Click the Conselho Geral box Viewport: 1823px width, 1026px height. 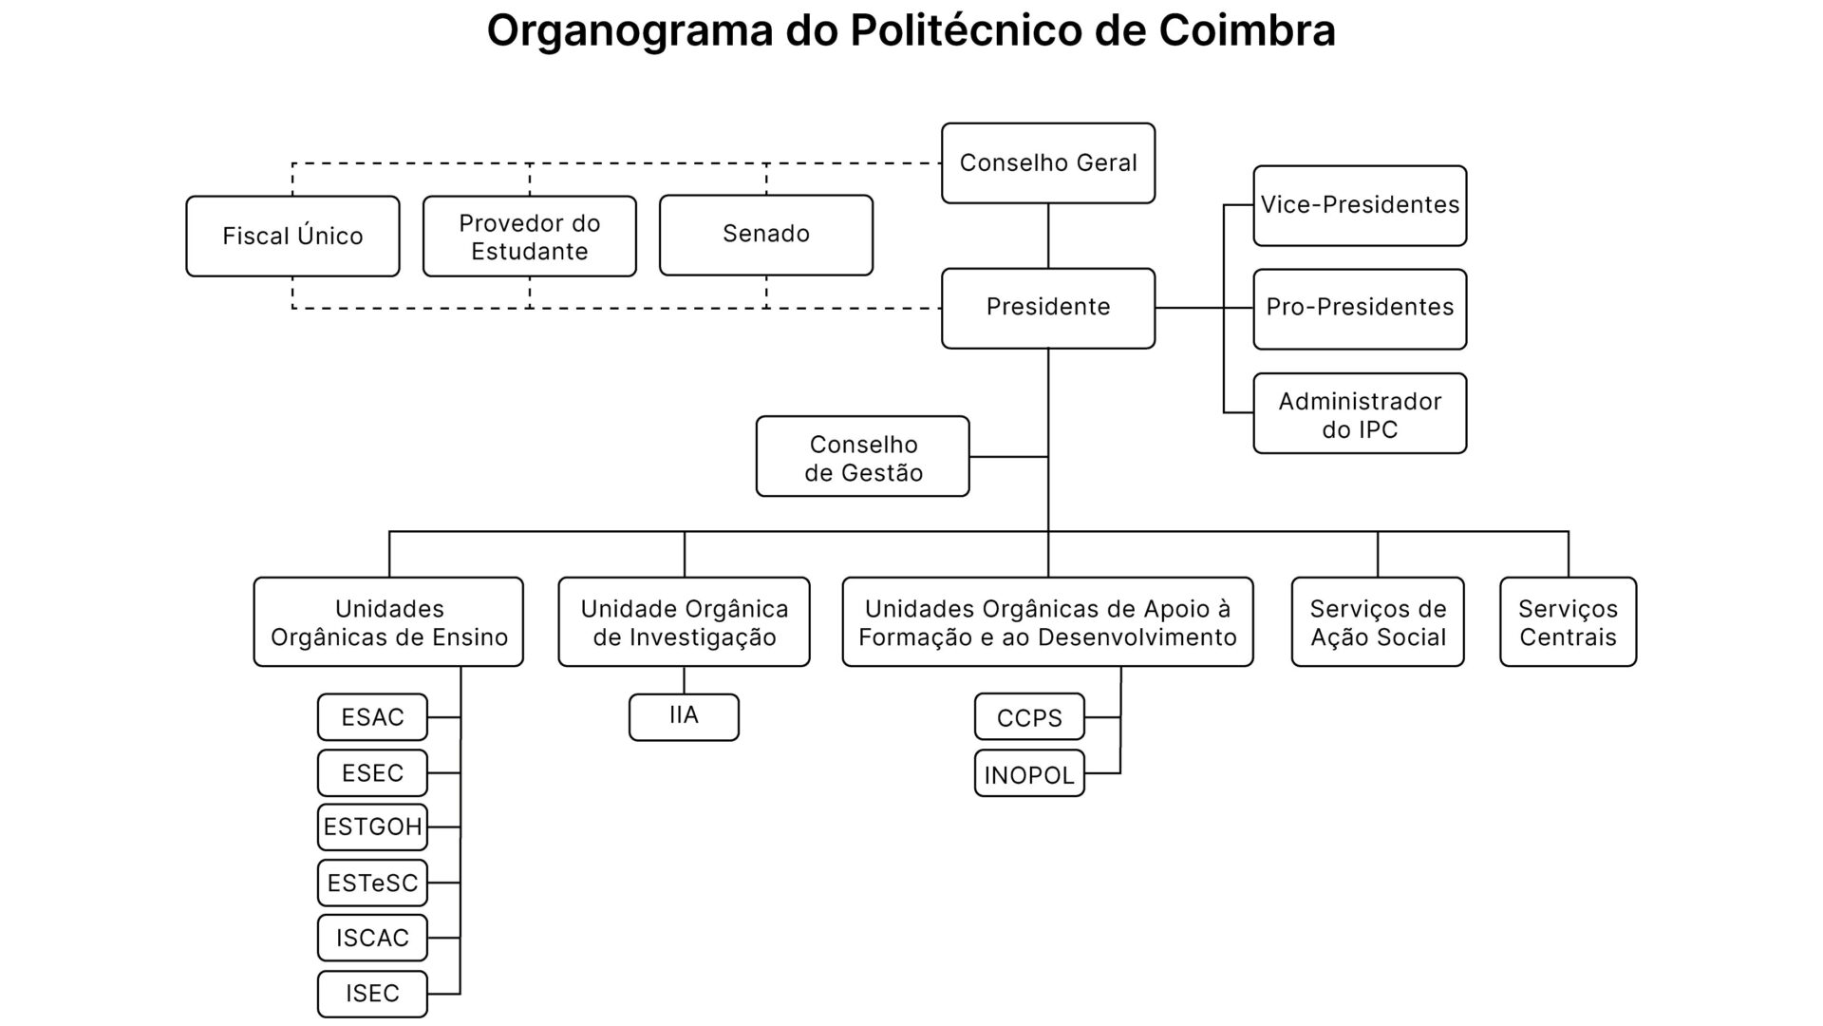pyautogui.click(x=1048, y=163)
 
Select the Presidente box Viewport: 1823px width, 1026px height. pyautogui.click(x=1048, y=308)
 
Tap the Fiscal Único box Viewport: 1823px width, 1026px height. pyautogui.click(x=292, y=237)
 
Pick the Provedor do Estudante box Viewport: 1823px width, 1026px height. pyautogui.click(x=530, y=237)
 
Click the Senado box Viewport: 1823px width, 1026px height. pyautogui.click(x=766, y=235)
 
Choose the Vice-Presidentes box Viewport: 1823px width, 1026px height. pyautogui.click(x=1360, y=205)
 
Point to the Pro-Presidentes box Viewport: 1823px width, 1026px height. pyautogui.click(x=1360, y=308)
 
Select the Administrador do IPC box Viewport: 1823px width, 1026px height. pyautogui.click(x=1360, y=414)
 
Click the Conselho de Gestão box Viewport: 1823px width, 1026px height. pyautogui.click(x=863, y=457)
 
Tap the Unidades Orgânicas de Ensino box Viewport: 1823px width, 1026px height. pyautogui.click(x=388, y=622)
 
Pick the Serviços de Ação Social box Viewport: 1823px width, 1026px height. pyautogui.click(x=1378, y=622)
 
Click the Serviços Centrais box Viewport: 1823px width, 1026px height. pyautogui.click(x=1568, y=622)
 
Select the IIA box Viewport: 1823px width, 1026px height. pyautogui.click(x=684, y=716)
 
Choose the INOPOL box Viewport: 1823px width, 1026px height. pyautogui.click(x=1029, y=774)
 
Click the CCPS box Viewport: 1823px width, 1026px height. pyautogui.click(x=1029, y=717)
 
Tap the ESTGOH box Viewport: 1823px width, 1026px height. pyautogui.click(x=372, y=827)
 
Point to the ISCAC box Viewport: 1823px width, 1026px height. pyautogui.click(x=372, y=938)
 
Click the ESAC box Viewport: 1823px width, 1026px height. pyautogui.click(x=372, y=717)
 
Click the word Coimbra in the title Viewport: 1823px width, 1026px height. pyautogui.click(x=1247, y=30)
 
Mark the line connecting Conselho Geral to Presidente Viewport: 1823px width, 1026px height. pyautogui.click(x=1048, y=236)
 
